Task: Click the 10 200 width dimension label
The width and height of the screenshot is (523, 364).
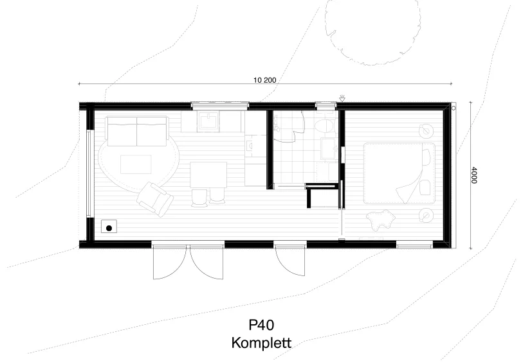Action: pos(265,80)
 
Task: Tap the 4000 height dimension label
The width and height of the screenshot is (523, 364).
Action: pos(474,175)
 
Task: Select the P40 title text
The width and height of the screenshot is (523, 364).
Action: pos(261,325)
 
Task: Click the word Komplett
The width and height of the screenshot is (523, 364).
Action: pos(261,343)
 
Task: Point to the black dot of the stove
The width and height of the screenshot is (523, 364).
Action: pos(109,229)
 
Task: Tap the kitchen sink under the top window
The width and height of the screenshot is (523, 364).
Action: pos(208,121)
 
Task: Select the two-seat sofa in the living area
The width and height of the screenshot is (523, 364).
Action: pos(136,131)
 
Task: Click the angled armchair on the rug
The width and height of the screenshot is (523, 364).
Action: pos(155,199)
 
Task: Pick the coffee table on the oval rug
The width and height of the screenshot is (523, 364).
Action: pos(136,164)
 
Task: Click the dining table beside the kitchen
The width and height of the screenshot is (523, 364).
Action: pos(208,175)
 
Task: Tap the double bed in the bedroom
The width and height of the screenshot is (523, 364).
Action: pos(399,173)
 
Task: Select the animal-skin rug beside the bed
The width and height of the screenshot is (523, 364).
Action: pos(381,219)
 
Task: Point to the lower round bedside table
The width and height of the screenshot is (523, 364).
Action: pos(426,215)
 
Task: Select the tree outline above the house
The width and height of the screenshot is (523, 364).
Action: pos(372,31)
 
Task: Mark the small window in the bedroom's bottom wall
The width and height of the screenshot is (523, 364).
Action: pos(414,245)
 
